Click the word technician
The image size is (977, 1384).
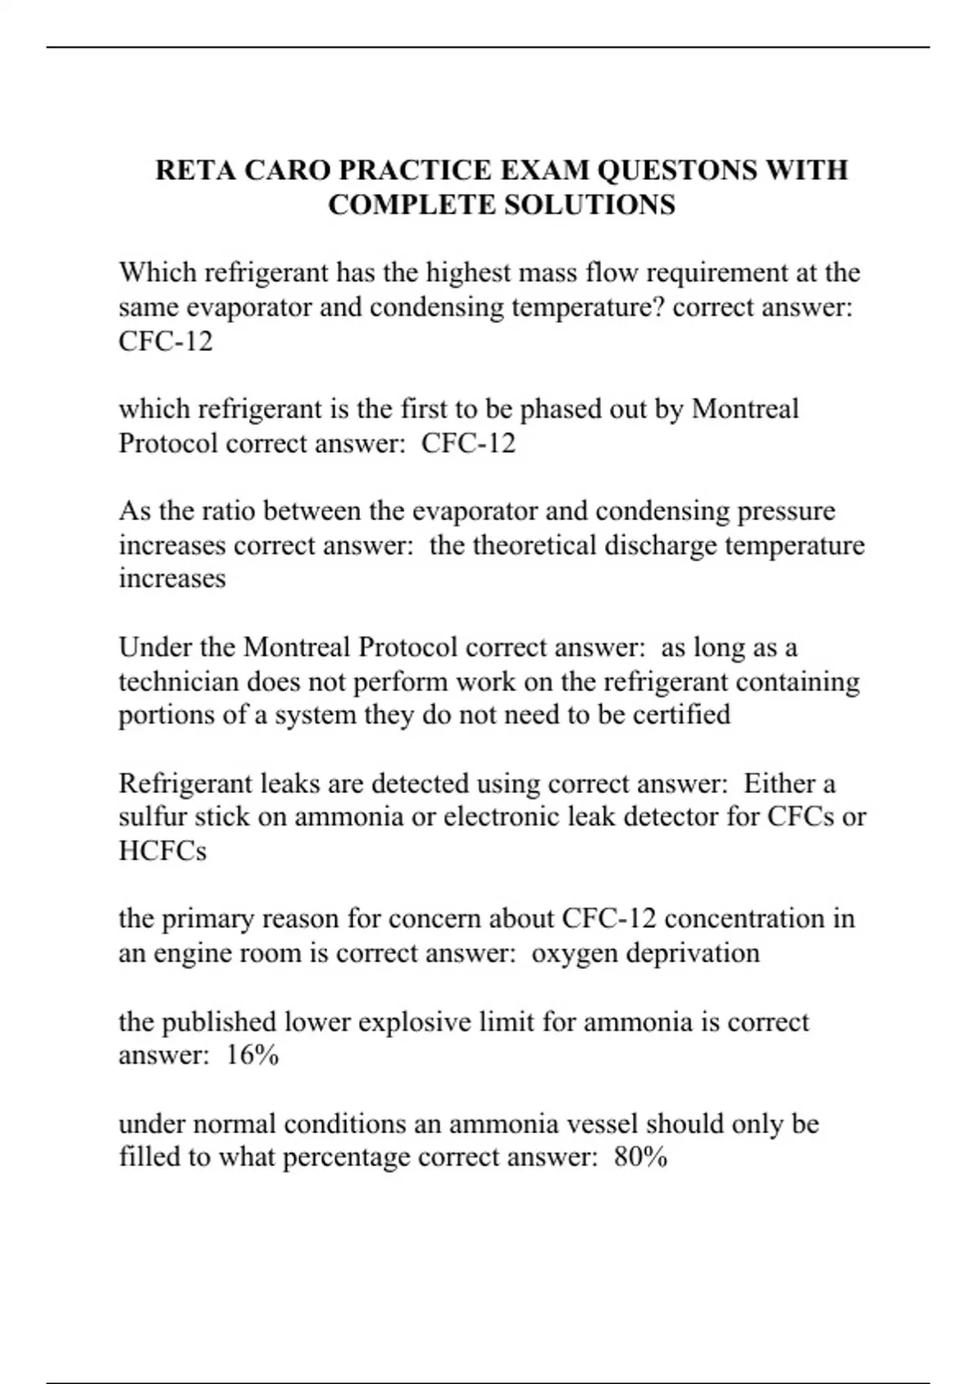[179, 681]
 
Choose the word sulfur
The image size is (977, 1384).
[152, 817]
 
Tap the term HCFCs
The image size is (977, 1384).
[163, 851]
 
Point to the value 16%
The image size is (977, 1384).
[252, 1055]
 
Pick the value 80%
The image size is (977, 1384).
[641, 1157]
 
